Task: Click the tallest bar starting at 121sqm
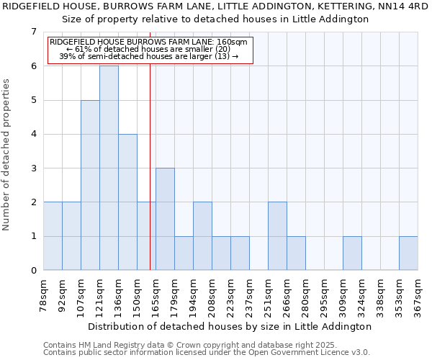pos(109,168)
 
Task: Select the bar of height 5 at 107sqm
pos(90,185)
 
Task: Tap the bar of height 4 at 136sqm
pos(127,202)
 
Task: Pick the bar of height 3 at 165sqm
pos(165,219)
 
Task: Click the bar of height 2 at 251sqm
pos(277,236)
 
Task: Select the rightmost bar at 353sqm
pos(408,253)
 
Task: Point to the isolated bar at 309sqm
pos(352,253)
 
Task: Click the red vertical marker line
pos(150,180)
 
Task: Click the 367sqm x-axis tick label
pos(419,295)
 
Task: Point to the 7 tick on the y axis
pos(33,32)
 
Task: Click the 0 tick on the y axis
pos(33,271)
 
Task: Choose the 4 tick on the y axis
pos(33,134)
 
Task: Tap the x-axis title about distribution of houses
pos(231,326)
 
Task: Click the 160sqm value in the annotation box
pos(233,42)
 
